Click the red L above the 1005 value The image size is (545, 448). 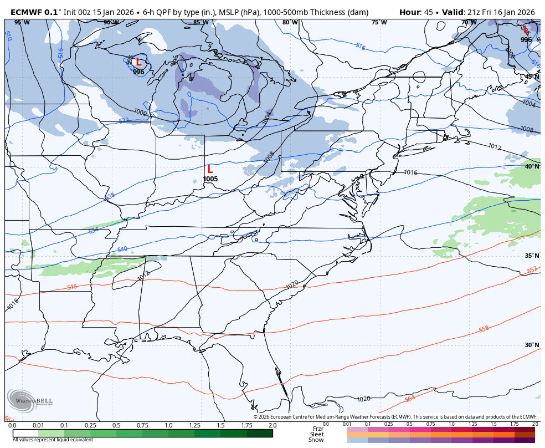click(x=210, y=170)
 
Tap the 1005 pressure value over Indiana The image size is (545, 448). click(x=210, y=179)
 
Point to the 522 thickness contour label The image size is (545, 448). click(x=124, y=120)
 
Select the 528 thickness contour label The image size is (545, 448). click(x=110, y=196)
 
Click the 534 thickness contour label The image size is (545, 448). click(x=93, y=230)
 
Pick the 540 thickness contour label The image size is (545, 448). click(x=122, y=250)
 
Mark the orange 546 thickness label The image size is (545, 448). click(x=72, y=287)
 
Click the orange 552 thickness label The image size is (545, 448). click(x=532, y=270)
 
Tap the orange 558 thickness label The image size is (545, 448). click(x=484, y=329)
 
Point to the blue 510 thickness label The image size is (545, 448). click(x=8, y=35)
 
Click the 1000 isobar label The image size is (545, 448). click(x=140, y=113)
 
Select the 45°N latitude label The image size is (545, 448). click(x=532, y=77)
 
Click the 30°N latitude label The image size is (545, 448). click(x=532, y=345)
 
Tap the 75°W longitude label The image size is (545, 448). click(x=379, y=23)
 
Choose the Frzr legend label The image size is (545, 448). click(x=318, y=429)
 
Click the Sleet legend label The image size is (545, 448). click(x=317, y=434)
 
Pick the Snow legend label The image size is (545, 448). click(x=316, y=440)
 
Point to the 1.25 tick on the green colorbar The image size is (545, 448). click(x=194, y=425)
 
